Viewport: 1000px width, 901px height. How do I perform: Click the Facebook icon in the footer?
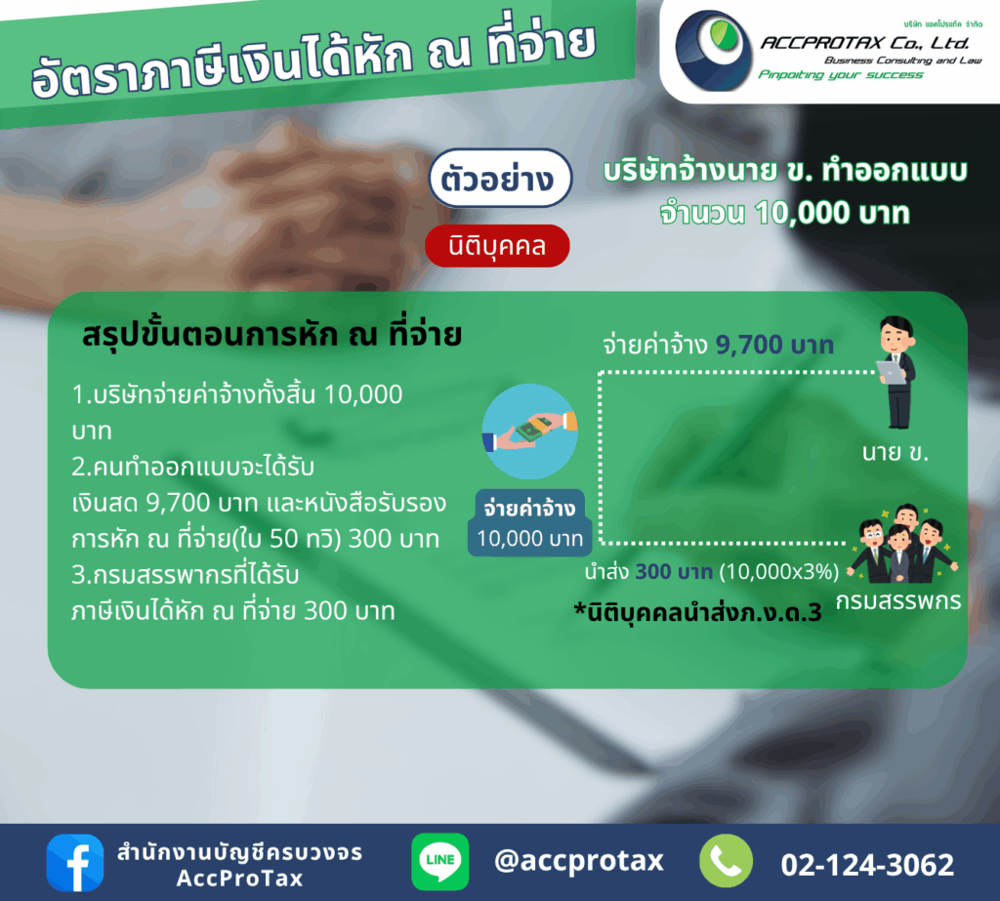coord(75,862)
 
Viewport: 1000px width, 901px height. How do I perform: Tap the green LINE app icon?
coord(440,862)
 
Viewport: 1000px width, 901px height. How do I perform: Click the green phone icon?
coord(726,861)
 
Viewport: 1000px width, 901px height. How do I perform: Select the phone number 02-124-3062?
coord(867,865)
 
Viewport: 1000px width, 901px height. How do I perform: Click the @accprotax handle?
coord(579,861)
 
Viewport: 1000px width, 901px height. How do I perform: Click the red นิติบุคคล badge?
coord(497,246)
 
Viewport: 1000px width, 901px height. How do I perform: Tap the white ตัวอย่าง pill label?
coord(500,178)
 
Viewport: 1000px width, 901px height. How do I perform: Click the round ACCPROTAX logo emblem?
coord(714,51)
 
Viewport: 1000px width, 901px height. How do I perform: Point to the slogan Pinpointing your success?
coord(841,74)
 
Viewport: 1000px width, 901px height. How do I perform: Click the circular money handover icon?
coord(530,431)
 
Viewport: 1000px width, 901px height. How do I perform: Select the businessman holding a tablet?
coord(896,372)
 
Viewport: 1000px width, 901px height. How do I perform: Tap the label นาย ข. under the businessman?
coord(896,453)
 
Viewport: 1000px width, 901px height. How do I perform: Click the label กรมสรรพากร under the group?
coord(898,601)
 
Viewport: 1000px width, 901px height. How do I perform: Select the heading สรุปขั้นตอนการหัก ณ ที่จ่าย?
coord(272,336)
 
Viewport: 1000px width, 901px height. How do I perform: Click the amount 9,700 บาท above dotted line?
coord(774,345)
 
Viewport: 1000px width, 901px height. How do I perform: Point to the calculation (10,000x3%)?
coord(779,571)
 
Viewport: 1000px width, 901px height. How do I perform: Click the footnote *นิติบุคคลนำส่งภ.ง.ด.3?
coord(697,613)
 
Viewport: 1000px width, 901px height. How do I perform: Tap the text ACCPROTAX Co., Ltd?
coord(865,43)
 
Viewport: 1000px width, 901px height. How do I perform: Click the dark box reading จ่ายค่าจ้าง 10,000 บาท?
coord(530,523)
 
